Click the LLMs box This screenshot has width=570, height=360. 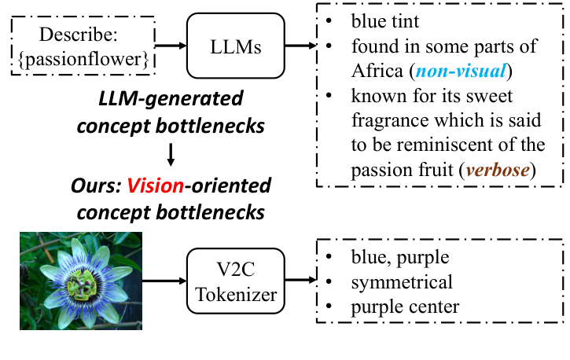click(x=235, y=47)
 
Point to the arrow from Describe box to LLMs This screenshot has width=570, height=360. click(x=172, y=47)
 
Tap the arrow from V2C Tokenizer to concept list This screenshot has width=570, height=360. click(x=300, y=281)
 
